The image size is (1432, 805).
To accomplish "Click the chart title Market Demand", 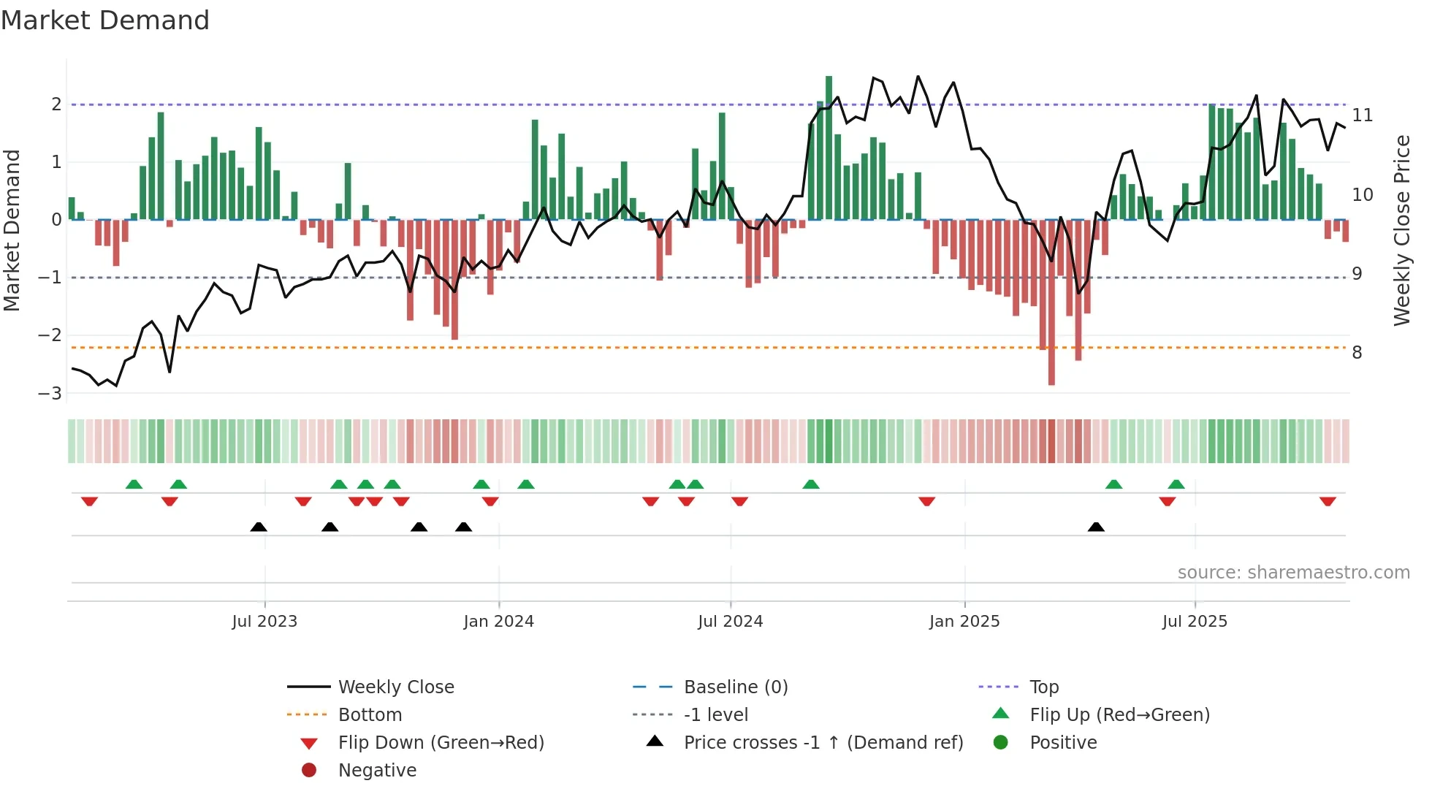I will [x=105, y=20].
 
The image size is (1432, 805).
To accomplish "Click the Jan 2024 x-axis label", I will [x=498, y=622].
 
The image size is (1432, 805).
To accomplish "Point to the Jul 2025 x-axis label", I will [x=1195, y=622].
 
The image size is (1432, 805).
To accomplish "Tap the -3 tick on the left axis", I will [x=50, y=394].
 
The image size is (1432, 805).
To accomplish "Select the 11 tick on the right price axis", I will [x=1362, y=115].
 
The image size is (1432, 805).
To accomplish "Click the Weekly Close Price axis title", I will [x=1401, y=230].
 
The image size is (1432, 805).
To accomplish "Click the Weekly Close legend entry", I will [x=395, y=687].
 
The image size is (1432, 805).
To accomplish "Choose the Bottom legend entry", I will [x=370, y=715].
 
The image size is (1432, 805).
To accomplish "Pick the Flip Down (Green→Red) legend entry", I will [x=441, y=743].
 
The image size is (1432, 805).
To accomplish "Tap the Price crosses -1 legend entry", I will [x=823, y=743].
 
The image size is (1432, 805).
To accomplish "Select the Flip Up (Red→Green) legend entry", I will [x=1119, y=715].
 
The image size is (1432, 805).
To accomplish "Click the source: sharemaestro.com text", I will [x=1293, y=573].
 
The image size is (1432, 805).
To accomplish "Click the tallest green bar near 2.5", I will [x=829, y=146].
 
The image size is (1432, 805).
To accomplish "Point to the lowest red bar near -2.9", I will [x=1051, y=303].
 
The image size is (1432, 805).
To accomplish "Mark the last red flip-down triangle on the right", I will [x=1328, y=501].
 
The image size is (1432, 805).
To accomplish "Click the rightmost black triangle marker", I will [x=1096, y=527].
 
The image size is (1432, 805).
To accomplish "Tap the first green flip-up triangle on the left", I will [x=134, y=484].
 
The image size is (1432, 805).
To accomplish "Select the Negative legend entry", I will [x=376, y=771].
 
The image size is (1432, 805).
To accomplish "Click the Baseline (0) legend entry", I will [x=735, y=687].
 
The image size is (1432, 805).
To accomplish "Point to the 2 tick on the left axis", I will [x=56, y=104].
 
